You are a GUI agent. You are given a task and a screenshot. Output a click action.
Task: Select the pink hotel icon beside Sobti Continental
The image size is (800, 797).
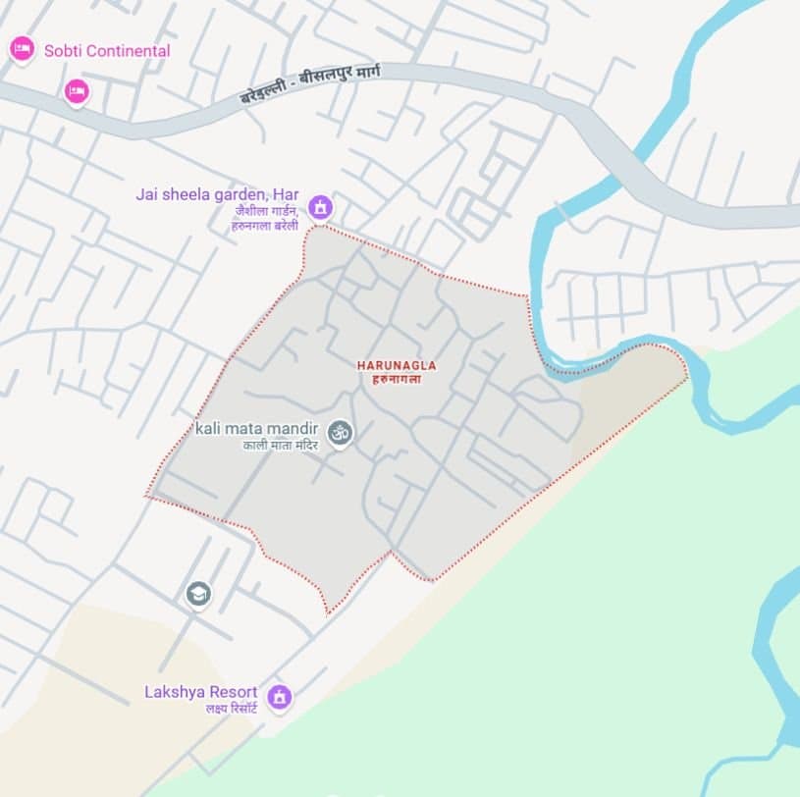click(x=23, y=49)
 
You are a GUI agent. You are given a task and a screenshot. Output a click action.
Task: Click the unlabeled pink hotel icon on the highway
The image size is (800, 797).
click(x=77, y=92)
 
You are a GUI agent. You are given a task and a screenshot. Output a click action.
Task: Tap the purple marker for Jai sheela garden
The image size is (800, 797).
click(x=319, y=207)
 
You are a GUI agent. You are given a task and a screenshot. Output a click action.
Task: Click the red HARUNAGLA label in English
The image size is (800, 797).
click(x=397, y=365)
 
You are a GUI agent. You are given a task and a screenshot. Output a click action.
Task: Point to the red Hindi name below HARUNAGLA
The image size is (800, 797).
click(x=397, y=378)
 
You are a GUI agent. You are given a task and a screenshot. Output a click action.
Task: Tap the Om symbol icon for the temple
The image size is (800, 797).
click(x=340, y=431)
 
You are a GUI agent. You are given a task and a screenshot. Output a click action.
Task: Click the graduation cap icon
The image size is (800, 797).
click(x=198, y=594)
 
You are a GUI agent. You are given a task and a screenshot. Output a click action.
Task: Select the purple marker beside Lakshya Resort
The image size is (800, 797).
click(x=280, y=696)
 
